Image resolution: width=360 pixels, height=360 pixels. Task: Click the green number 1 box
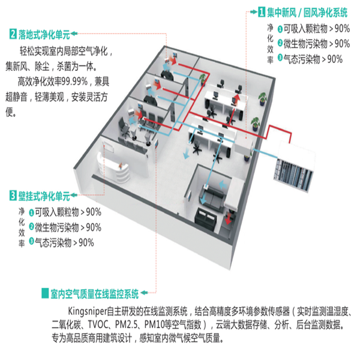click(262, 11)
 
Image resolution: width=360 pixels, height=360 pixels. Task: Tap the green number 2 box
click(13, 34)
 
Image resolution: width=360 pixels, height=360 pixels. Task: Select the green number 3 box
click(13, 196)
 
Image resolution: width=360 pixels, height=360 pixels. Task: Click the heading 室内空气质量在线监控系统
click(95, 294)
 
